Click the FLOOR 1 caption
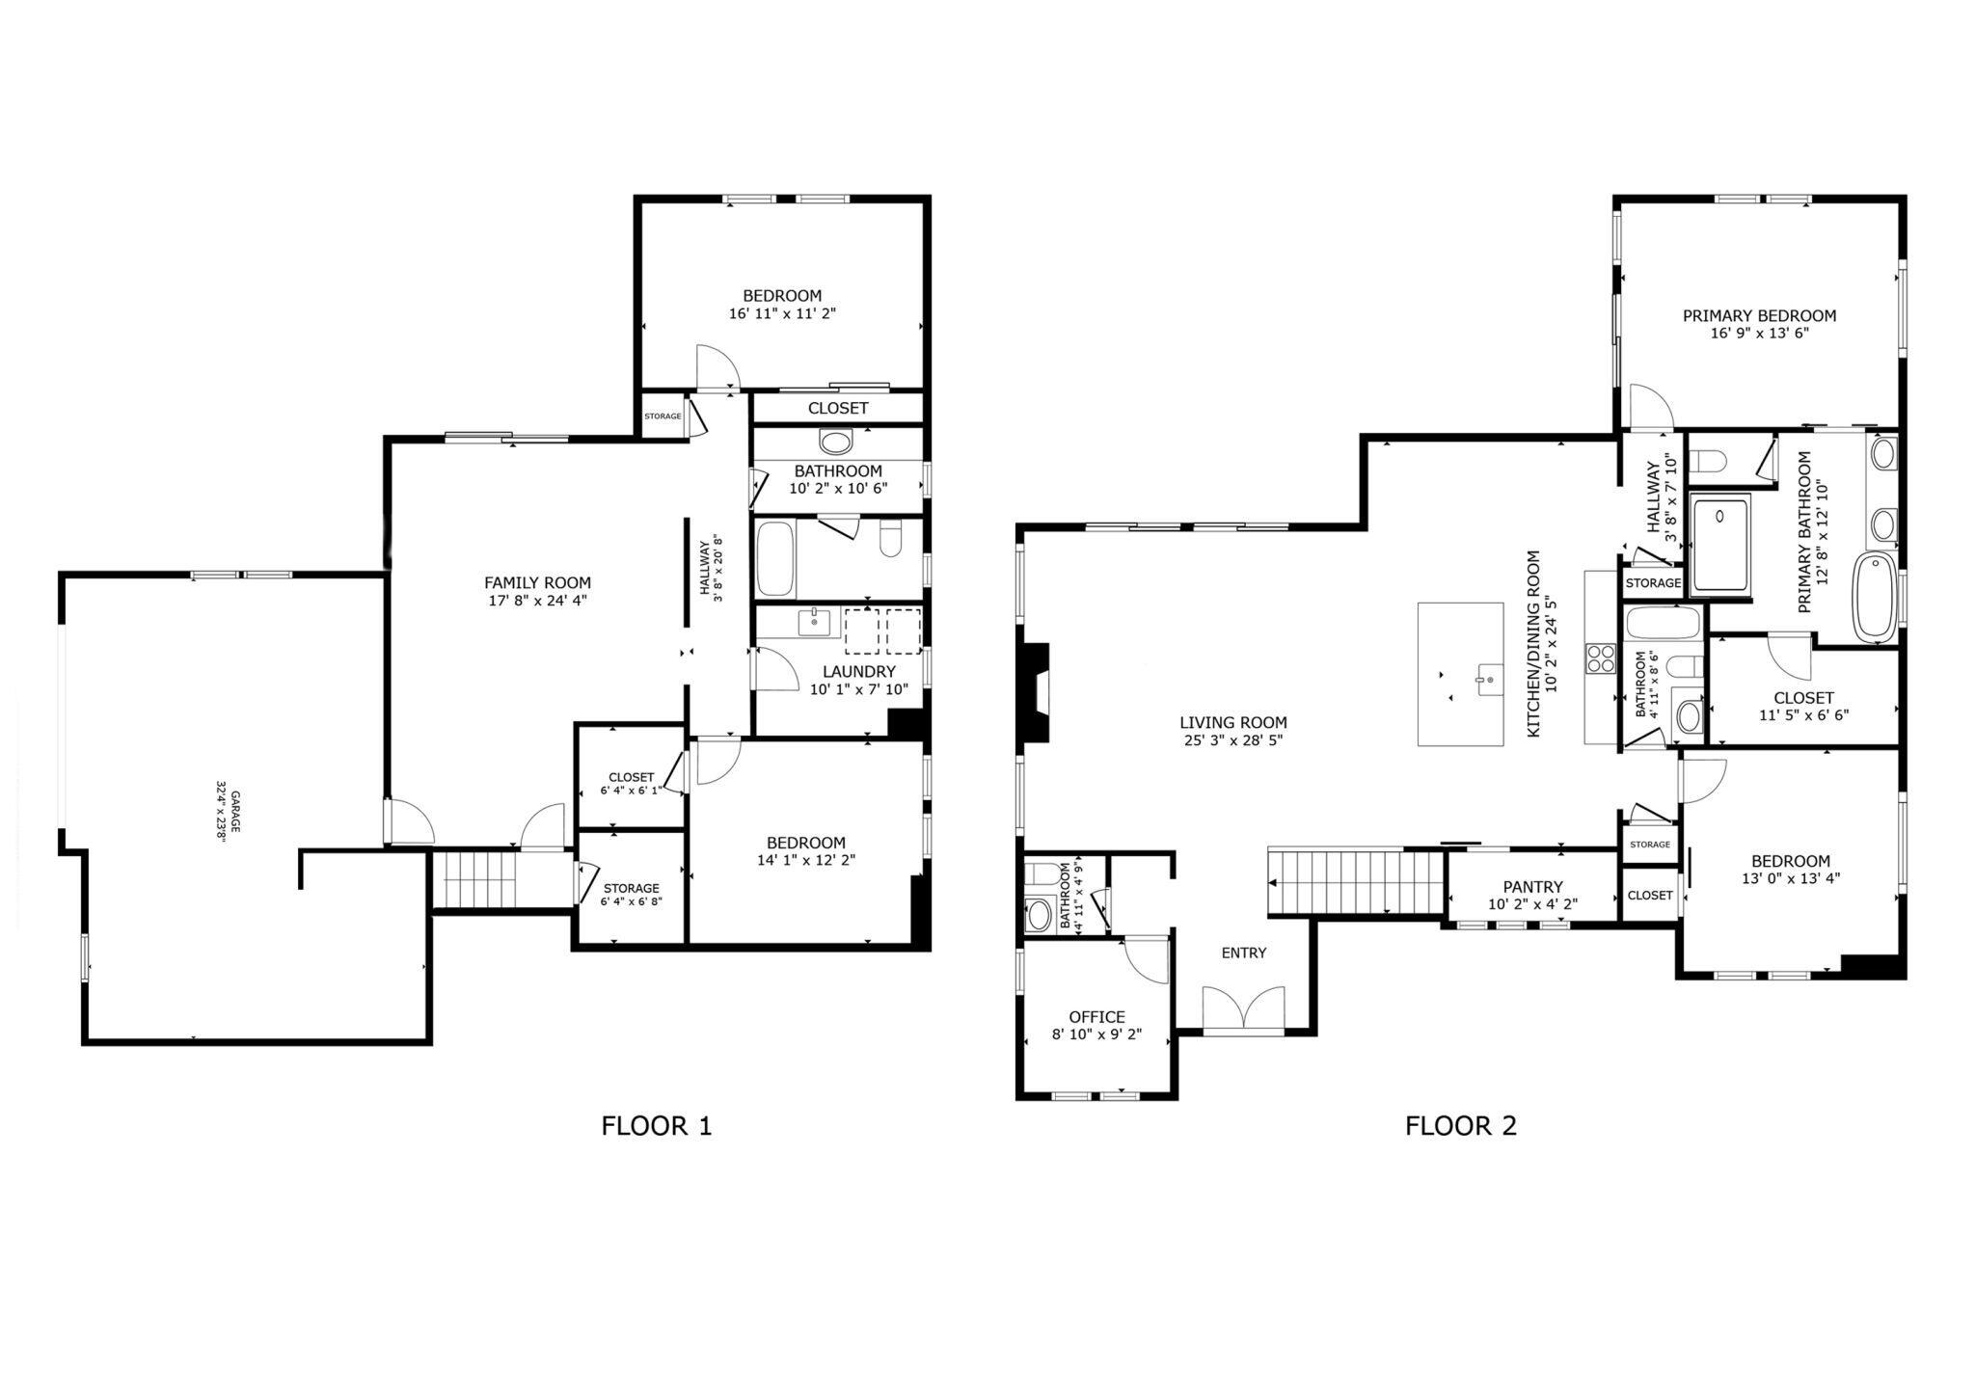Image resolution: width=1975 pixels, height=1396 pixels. pos(656,1125)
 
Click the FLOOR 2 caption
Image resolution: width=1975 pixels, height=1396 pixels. pos(1460,1125)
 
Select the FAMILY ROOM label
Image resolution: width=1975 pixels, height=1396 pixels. pos(537,582)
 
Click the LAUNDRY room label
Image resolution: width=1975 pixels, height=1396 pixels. pos(858,671)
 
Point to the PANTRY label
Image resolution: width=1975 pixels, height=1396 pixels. pos(1532,887)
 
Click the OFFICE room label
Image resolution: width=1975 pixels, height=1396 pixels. pos(1096,1017)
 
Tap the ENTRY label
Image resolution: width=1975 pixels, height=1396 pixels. pos(1243,953)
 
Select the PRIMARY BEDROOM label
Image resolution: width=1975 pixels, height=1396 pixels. pos(1759,315)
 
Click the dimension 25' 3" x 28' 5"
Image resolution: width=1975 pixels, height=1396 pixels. pos(1232,740)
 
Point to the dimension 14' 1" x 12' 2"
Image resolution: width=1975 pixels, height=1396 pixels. pos(806,860)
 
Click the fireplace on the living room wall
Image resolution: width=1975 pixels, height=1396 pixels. pos(1036,692)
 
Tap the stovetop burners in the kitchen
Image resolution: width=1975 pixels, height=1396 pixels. pos(1601,658)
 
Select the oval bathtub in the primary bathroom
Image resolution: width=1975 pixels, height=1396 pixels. pos(1875,598)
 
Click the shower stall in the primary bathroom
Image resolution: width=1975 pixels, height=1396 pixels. pos(1721,542)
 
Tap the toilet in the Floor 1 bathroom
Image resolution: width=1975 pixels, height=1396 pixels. pos(890,541)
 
